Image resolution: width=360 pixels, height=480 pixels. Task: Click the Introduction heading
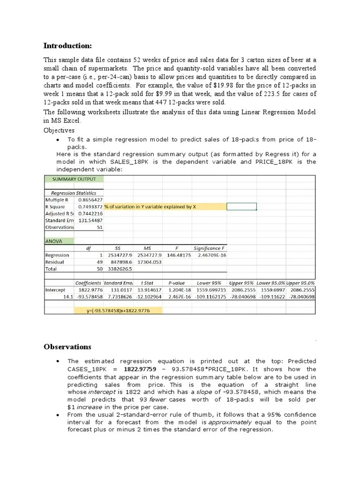click(67, 45)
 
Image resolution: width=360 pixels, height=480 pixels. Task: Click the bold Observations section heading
click(67, 347)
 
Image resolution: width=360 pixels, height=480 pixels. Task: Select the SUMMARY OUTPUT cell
click(74, 179)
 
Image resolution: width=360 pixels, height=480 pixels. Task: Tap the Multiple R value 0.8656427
click(90, 200)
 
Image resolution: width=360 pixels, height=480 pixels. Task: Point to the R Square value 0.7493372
click(90, 207)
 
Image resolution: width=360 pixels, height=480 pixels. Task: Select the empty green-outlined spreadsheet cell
click(241, 207)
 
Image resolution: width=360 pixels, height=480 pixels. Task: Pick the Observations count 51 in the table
click(99, 227)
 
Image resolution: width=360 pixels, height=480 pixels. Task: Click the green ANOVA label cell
click(59, 241)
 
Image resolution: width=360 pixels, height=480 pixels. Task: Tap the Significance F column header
click(209, 248)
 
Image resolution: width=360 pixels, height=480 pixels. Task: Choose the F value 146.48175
click(179, 255)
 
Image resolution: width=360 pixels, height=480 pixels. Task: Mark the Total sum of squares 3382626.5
click(120, 269)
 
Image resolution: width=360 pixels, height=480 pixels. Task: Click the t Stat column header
click(148, 283)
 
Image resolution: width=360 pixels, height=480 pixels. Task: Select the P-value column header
click(177, 283)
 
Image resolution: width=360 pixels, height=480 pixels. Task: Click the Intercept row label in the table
click(55, 290)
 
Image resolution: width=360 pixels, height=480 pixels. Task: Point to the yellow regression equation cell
click(118, 310)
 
